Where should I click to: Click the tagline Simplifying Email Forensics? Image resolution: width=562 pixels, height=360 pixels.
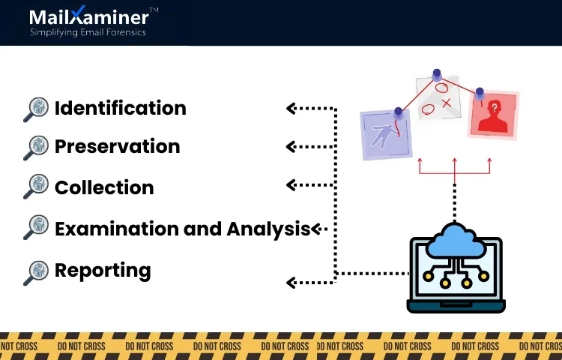pyautogui.click(x=88, y=32)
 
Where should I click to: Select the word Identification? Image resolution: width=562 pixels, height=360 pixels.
pyautogui.click(x=120, y=108)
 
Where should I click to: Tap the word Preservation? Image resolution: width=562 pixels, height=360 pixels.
pyautogui.click(x=117, y=146)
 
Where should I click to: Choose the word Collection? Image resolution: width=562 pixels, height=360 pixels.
pyautogui.click(x=104, y=187)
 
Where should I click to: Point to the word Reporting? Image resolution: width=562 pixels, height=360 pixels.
pyautogui.click(x=103, y=270)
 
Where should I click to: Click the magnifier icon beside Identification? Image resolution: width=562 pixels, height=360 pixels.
pyautogui.click(x=35, y=109)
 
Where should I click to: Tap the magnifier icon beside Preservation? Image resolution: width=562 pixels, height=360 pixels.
pyautogui.click(x=35, y=148)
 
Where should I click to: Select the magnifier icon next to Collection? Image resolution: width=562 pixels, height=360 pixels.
pyautogui.click(x=35, y=187)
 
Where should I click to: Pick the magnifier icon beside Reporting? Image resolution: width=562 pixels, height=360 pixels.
pyautogui.click(x=35, y=272)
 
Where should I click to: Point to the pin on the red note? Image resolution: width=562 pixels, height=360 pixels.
pyautogui.click(x=480, y=93)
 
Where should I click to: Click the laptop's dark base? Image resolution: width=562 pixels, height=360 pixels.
pyautogui.click(x=456, y=306)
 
